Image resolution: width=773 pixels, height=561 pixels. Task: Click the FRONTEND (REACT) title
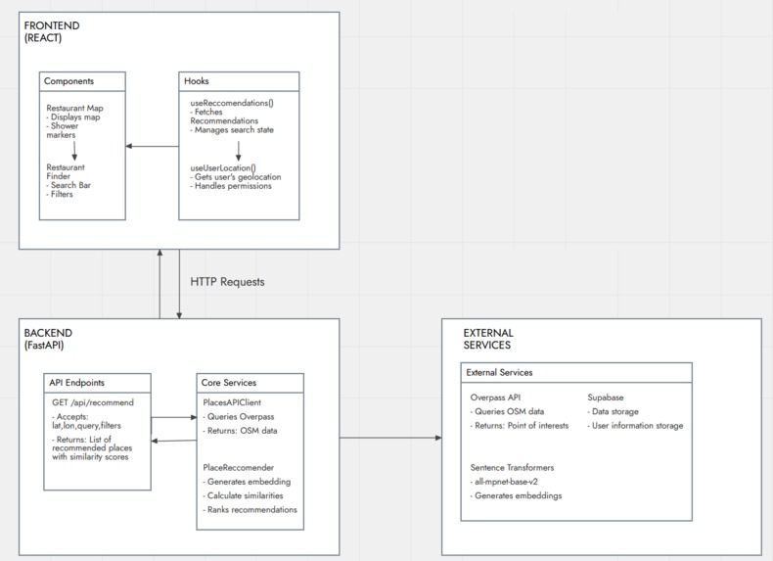52,31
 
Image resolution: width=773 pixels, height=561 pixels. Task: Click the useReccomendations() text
232,103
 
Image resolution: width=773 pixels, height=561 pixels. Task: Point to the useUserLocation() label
223,167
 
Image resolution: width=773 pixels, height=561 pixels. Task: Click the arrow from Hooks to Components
153,146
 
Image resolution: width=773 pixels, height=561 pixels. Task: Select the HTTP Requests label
227,282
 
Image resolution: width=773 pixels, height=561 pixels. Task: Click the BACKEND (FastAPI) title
48,339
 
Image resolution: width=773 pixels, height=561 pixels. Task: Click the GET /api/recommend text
93,402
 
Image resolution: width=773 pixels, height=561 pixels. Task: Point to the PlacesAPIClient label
232,402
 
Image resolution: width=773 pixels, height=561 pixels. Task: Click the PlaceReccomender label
238,467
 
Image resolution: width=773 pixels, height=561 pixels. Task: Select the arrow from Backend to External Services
390,438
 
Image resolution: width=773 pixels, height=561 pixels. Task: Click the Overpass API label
495,397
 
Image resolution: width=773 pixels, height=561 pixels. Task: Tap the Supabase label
606,397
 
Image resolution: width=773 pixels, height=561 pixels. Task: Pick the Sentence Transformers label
512,467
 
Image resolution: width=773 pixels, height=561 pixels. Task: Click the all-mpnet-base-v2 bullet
504,482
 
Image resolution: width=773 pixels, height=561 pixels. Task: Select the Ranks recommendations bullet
250,510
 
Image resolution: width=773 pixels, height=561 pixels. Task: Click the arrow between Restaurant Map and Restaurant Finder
74,151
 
